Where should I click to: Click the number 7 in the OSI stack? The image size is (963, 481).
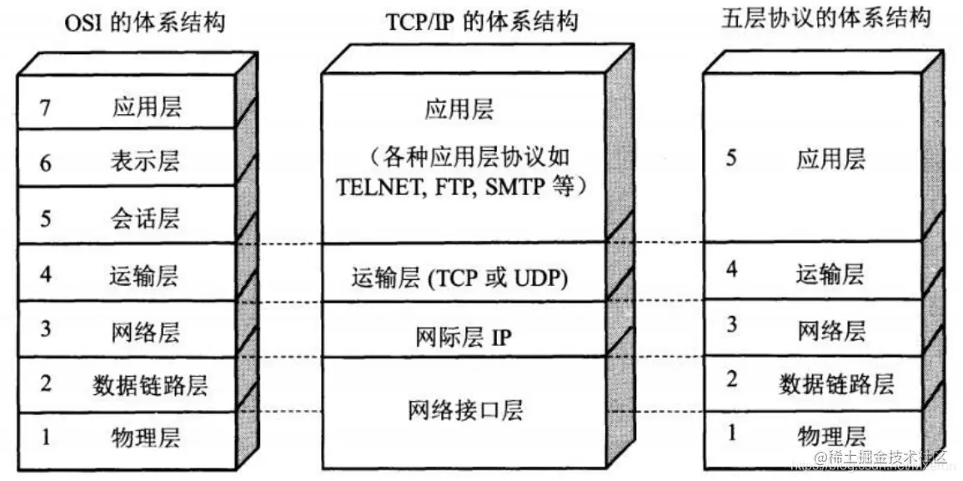45,107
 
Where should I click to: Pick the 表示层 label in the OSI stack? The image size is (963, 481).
143,161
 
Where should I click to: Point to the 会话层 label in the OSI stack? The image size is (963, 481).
143,218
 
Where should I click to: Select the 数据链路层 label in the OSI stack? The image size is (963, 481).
149,385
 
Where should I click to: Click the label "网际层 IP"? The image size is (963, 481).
463,337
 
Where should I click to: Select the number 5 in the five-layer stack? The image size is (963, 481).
731,158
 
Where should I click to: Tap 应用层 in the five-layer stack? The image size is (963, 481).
830,159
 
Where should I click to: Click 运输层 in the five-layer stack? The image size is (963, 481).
830,273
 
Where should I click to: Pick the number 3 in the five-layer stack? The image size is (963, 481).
731,326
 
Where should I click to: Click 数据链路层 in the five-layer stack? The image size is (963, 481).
836,383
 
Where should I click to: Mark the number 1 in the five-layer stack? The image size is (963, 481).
731,433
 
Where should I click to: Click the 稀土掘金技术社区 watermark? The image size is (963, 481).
888,457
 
